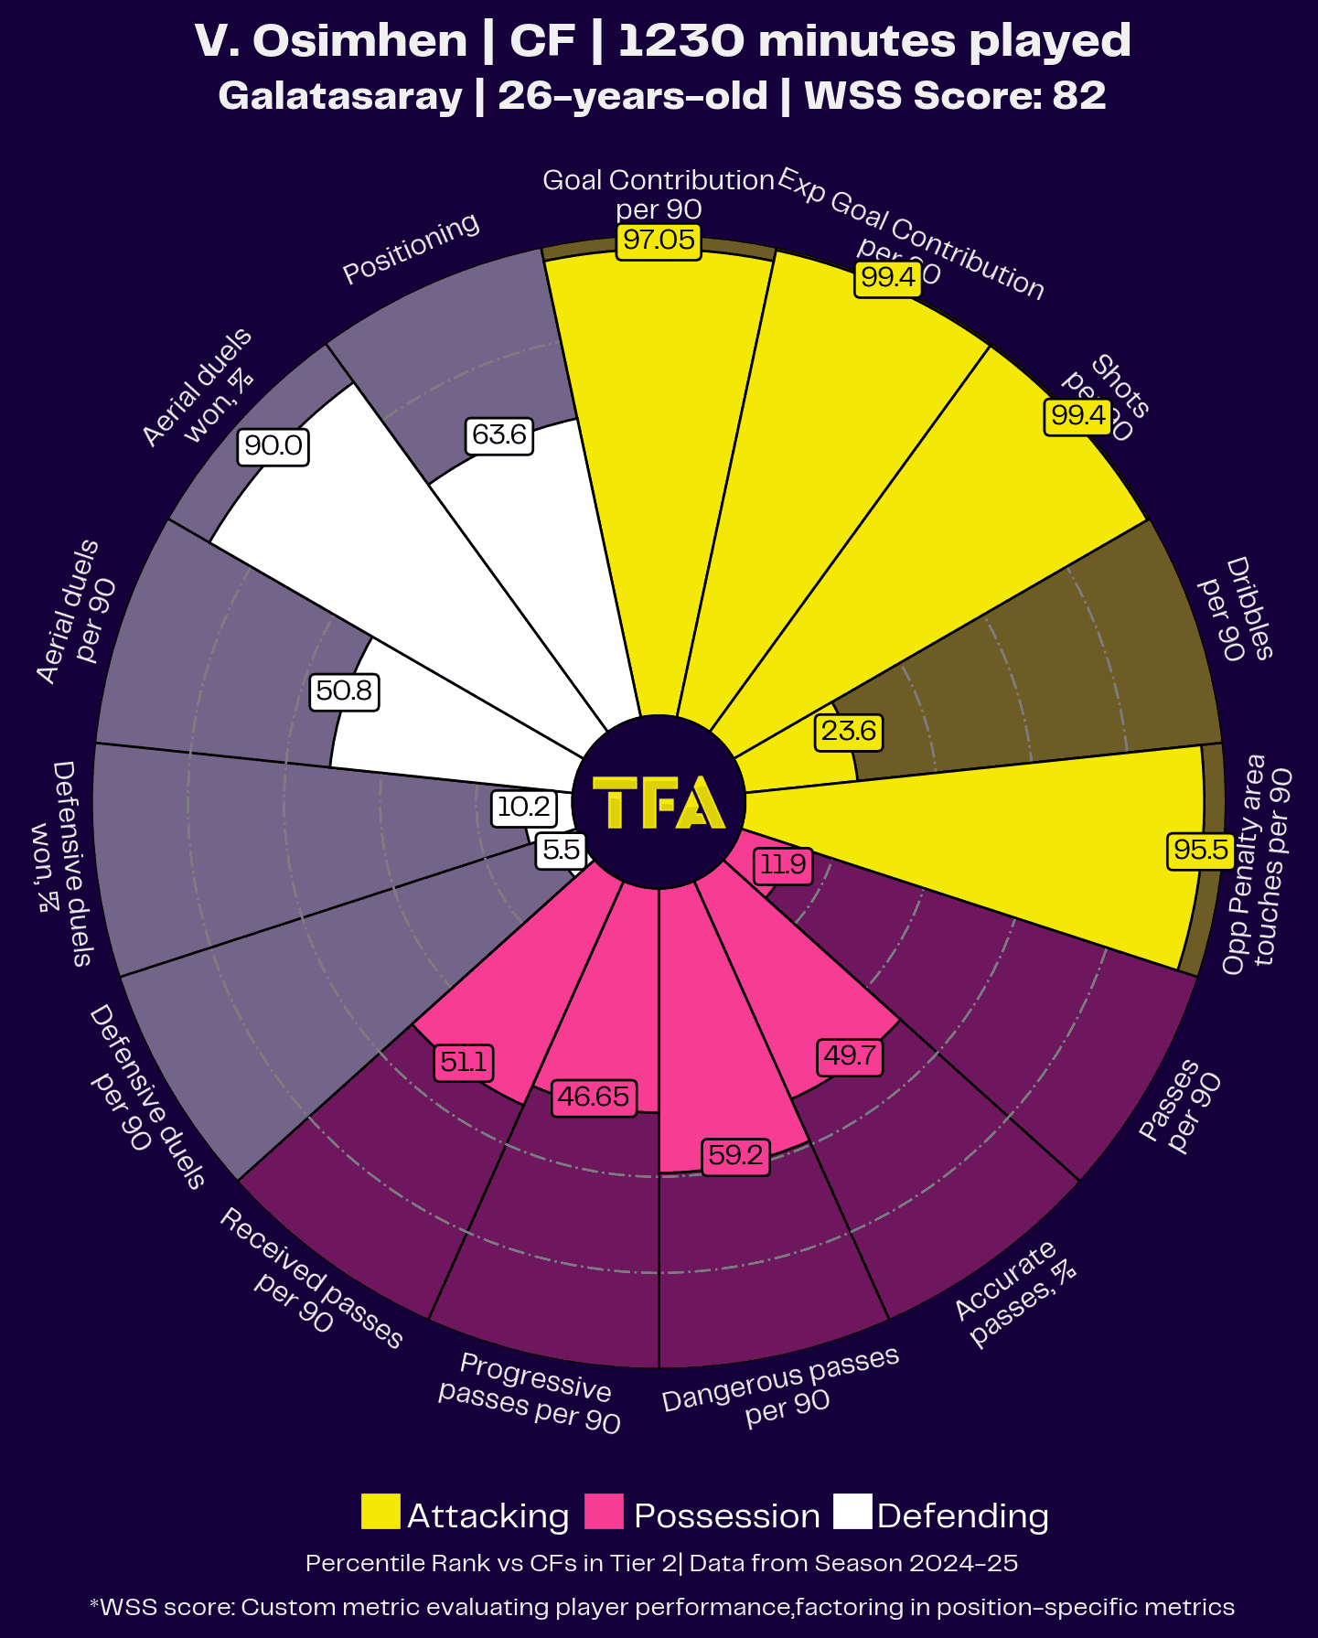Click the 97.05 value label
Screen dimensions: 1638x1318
(659, 241)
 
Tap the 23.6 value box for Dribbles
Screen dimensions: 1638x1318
(849, 732)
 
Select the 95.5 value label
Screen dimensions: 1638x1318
(1200, 851)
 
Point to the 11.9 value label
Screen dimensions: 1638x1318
(784, 864)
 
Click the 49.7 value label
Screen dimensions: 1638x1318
(850, 1056)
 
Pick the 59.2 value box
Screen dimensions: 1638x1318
(735, 1156)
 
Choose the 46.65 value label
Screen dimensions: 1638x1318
(594, 1097)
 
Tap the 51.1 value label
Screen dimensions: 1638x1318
(465, 1063)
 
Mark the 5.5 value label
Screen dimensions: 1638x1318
(561, 851)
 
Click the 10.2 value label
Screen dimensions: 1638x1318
(524, 807)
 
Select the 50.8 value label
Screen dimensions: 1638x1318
(344, 691)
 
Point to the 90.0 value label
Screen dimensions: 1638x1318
(273, 446)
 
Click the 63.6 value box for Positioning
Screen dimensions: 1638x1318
(498, 434)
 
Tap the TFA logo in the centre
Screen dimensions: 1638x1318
(659, 803)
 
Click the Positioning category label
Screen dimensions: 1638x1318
(411, 248)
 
